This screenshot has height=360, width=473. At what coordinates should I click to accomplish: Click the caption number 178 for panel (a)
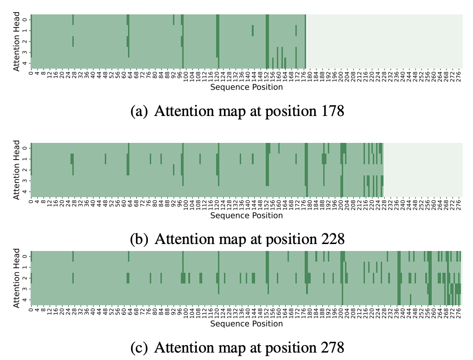coord(332,111)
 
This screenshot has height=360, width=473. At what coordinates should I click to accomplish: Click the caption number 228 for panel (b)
coord(332,239)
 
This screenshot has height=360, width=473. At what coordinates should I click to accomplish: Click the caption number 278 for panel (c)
coord(332,347)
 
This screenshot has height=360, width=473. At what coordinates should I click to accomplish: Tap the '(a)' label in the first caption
coord(139,111)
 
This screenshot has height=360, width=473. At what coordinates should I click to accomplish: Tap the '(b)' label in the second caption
coord(139,239)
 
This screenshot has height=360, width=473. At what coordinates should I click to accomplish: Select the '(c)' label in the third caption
coord(139,347)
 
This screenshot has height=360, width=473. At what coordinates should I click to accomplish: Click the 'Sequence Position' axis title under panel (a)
coord(246,87)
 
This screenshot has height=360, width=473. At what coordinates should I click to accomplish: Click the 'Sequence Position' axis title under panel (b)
coord(246,215)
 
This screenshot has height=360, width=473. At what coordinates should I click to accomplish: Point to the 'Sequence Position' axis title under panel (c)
coord(246,324)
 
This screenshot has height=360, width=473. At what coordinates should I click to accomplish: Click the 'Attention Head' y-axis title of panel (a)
coord(16,41)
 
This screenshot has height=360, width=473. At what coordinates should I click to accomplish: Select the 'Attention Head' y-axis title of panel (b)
coord(16,170)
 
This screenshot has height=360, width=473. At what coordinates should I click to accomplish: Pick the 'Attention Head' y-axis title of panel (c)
coord(16,278)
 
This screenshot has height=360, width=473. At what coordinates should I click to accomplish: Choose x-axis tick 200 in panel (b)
coord(341,203)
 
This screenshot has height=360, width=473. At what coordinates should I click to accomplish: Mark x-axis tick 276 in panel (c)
coord(459,311)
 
